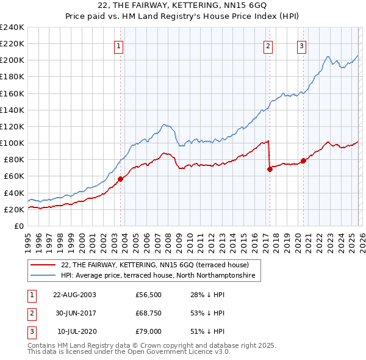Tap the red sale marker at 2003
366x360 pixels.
(x=120, y=179)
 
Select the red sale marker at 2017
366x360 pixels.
(x=270, y=169)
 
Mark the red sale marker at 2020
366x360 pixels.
(x=303, y=160)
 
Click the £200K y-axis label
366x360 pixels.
(x=12, y=60)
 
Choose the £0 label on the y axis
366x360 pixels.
(x=18, y=226)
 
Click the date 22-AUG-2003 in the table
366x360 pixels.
(x=74, y=295)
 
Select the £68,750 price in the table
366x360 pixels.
(x=148, y=313)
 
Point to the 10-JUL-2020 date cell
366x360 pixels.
(x=76, y=331)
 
